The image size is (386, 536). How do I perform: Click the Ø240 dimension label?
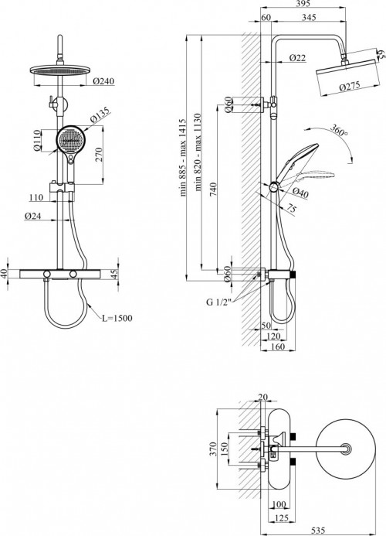[103, 81]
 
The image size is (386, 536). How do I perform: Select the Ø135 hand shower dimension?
[100, 114]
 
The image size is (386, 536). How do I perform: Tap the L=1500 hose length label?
[117, 318]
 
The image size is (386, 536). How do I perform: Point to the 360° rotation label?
[339, 130]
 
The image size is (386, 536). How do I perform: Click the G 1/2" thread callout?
[218, 302]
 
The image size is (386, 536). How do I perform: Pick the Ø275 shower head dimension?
[350, 87]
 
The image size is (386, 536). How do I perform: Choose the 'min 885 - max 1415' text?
[183, 158]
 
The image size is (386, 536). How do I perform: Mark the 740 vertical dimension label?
[212, 189]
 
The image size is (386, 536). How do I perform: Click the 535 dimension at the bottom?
[318, 531]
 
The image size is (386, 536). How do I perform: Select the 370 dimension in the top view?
[213, 449]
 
